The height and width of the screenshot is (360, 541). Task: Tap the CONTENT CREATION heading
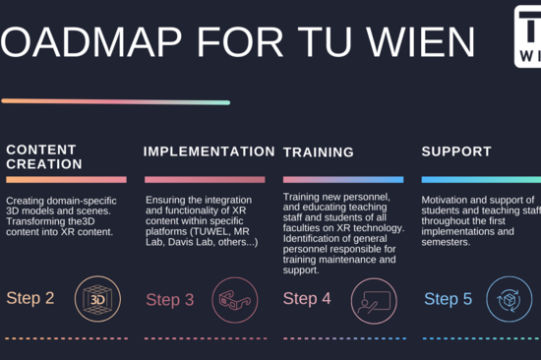point(44,156)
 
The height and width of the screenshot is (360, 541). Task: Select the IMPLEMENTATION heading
point(209,151)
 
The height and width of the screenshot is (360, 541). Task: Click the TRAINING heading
point(318,152)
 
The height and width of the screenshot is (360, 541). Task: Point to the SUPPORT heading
point(455,151)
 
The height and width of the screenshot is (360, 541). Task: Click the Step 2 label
point(30,297)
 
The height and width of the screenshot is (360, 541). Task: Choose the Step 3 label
point(170,299)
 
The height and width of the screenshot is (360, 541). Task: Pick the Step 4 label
point(307,298)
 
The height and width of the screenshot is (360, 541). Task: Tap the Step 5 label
point(448,299)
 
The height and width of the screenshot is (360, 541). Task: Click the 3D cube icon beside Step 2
point(97,298)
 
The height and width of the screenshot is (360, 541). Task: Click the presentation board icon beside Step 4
point(373,299)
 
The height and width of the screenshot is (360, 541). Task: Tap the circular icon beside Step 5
point(509,300)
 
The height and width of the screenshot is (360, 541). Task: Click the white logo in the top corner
point(528,35)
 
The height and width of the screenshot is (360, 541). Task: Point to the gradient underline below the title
point(115,101)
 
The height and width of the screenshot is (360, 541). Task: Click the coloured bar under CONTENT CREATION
point(66,180)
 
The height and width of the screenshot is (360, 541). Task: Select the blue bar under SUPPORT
point(481,180)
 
